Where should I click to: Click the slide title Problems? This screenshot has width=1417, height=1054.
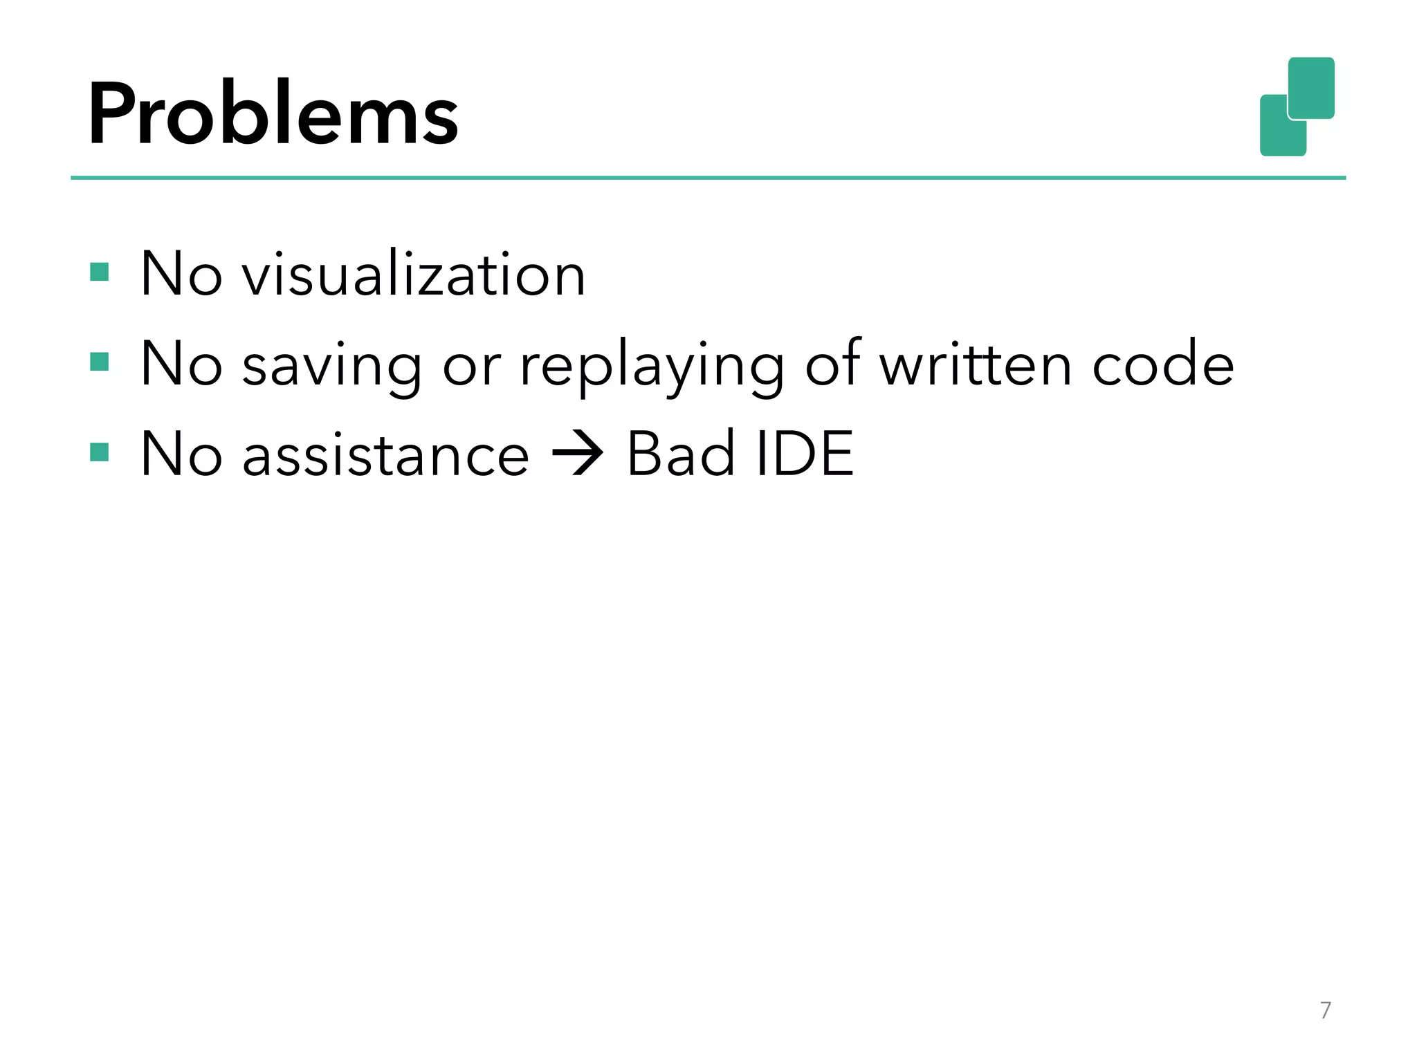[273, 114]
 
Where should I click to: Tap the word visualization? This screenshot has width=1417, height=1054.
[414, 275]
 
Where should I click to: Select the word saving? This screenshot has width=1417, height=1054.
[332, 367]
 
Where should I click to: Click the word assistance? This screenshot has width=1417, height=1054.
[386, 455]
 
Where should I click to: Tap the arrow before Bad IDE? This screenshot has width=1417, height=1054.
[578, 454]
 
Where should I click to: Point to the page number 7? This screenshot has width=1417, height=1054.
[1326, 1010]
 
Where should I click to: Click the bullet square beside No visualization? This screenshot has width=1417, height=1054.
[100, 272]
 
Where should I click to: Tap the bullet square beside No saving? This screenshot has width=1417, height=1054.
[100, 362]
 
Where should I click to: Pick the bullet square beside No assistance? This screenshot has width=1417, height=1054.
[100, 452]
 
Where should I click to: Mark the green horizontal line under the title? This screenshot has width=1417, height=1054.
[708, 178]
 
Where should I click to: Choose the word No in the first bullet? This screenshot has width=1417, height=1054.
[181, 275]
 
